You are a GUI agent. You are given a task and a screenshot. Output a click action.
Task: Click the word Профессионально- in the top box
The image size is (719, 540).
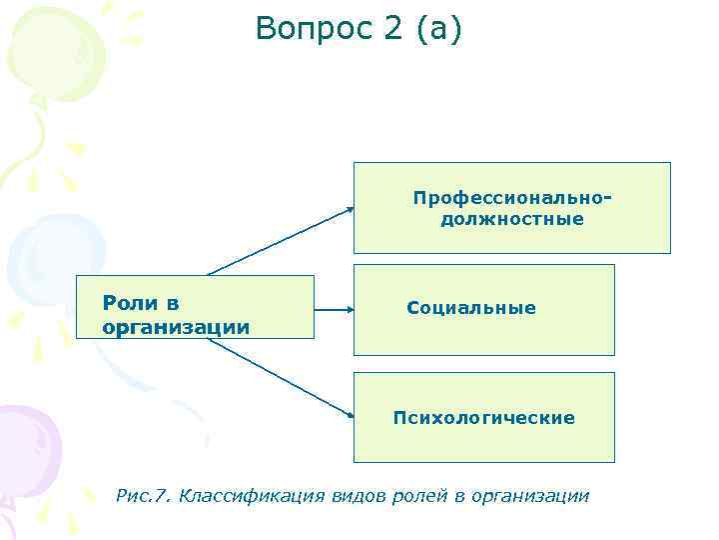click(x=512, y=198)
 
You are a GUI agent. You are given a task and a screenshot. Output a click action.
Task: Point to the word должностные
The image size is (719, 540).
click(x=512, y=219)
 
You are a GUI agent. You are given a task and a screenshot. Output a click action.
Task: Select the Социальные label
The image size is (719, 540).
click(x=471, y=309)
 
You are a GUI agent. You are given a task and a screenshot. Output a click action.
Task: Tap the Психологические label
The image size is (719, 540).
click(x=484, y=418)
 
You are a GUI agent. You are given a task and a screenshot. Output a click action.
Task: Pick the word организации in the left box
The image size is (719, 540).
click(x=176, y=327)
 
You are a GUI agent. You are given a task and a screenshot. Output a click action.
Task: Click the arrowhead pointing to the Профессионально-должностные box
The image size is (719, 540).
click(x=350, y=209)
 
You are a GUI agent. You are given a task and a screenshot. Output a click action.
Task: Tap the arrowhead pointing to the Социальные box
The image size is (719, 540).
click(x=349, y=310)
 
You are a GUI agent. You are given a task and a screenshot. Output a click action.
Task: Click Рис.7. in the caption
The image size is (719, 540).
click(x=144, y=495)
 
